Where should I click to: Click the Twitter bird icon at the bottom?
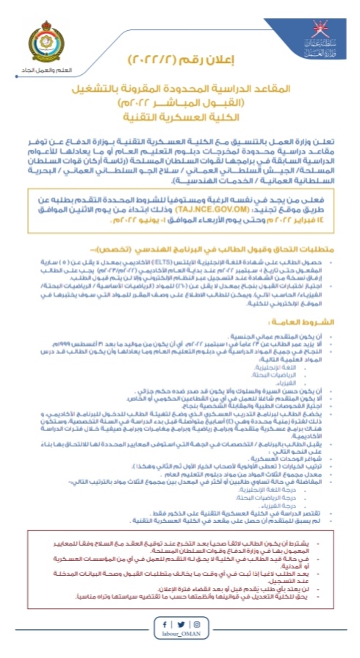pyautogui.click(x=180, y=624)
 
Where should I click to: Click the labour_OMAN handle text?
pyautogui.click(x=180, y=638)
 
